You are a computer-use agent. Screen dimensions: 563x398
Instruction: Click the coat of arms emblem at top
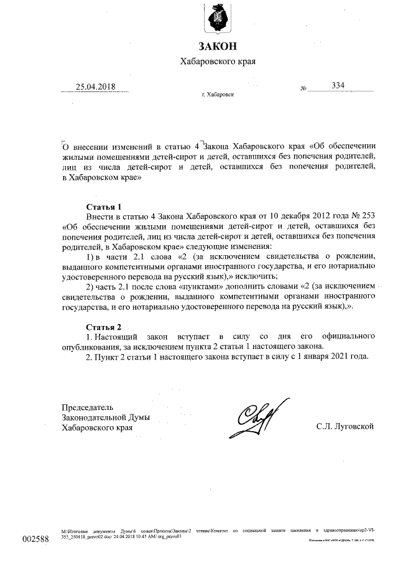click(218, 18)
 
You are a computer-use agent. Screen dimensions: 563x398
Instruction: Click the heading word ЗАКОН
click(218, 46)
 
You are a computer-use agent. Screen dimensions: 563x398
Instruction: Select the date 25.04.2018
click(95, 86)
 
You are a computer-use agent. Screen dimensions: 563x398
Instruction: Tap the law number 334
click(339, 85)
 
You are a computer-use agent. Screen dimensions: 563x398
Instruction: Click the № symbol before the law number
click(304, 89)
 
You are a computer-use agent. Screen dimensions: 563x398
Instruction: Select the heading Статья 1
click(103, 206)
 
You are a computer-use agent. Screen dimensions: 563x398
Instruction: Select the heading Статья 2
click(103, 327)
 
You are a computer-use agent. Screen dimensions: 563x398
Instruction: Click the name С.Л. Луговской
click(344, 426)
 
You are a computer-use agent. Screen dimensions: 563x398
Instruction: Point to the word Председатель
click(91, 407)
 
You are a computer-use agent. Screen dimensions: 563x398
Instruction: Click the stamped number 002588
click(35, 538)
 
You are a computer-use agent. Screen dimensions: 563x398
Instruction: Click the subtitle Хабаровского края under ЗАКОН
click(218, 62)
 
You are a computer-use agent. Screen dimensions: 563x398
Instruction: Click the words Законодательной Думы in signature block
click(106, 417)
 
